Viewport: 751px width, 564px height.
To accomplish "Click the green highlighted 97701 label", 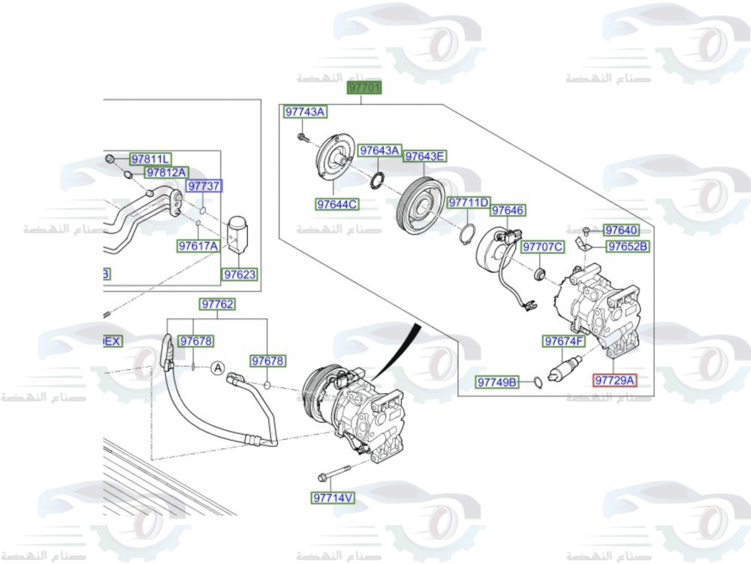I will click(364, 88).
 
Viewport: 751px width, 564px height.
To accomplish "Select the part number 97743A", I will click(305, 112).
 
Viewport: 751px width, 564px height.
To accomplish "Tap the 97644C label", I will click(336, 204).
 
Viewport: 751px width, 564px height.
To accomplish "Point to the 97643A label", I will click(379, 151).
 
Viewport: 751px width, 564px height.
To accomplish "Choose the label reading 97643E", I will click(425, 156).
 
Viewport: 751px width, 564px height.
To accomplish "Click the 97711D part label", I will click(469, 203).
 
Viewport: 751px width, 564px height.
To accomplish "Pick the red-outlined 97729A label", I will click(614, 381).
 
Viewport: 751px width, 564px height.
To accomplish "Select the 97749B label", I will click(497, 383).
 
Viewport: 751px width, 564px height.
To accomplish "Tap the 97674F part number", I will click(563, 341).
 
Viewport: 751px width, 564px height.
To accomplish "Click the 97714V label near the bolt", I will click(333, 498).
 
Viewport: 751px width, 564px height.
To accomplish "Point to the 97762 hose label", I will click(217, 305).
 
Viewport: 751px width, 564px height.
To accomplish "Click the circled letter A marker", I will click(217, 368).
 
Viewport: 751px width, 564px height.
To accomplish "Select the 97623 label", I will click(240, 275).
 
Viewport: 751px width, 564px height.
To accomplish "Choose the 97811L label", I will click(150, 159).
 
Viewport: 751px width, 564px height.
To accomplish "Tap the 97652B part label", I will click(628, 246).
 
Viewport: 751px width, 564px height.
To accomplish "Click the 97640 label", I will click(621, 230).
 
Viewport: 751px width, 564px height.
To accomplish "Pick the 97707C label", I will click(542, 247).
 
